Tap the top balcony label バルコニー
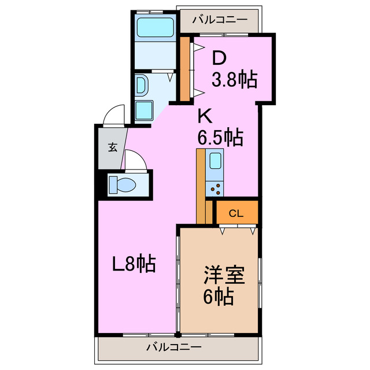[220, 19]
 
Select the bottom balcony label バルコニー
[173, 347]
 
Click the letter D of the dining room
[219, 57]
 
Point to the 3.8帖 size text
[234, 79]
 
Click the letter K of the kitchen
[205, 116]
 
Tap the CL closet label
[236, 213]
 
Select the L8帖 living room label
[134, 264]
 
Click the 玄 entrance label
[112, 147]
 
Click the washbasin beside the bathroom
[142, 85]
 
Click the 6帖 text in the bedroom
[218, 297]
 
